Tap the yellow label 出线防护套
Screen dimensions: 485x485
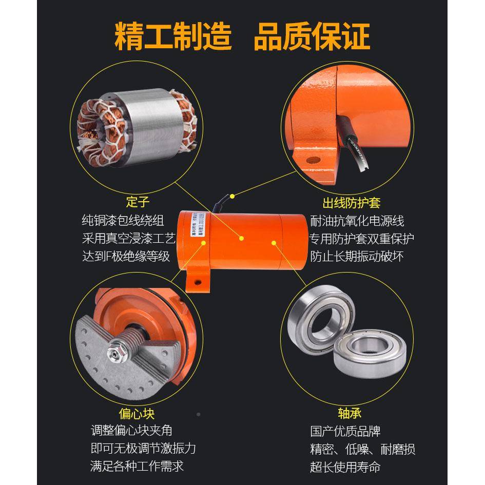(351, 202)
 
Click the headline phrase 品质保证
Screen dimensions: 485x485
(312, 36)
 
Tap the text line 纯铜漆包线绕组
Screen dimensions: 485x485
(123, 221)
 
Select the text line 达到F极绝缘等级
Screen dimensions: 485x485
(126, 256)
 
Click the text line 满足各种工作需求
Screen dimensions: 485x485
(137, 466)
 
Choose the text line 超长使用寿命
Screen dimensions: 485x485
(345, 467)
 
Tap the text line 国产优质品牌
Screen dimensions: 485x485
(345, 431)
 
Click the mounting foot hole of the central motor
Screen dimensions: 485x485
(200, 281)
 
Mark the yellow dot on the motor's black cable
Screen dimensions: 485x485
(232, 196)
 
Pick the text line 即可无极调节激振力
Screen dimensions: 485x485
(143, 449)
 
